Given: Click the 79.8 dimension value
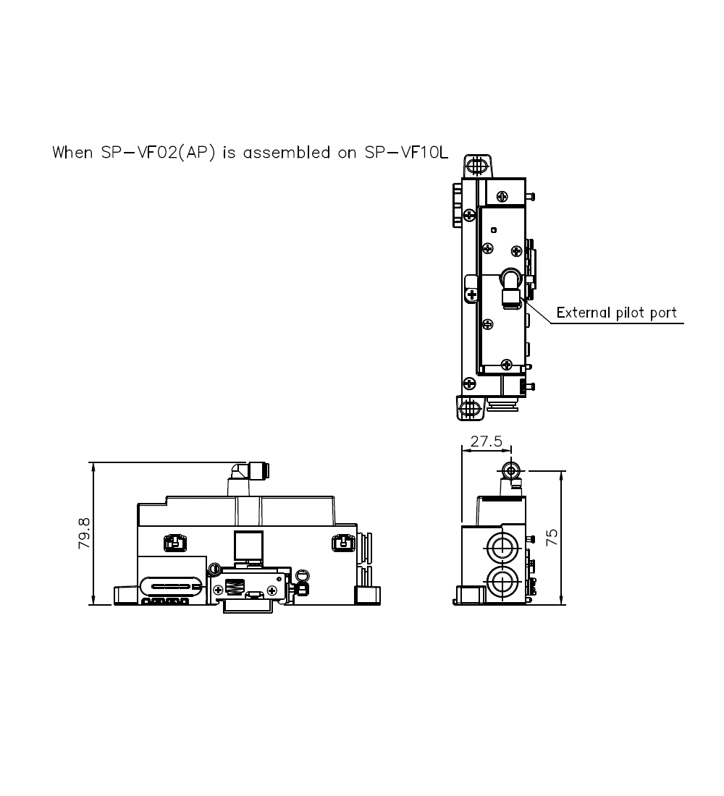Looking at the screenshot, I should point(84,533).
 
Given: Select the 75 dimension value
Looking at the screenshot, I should point(552,536).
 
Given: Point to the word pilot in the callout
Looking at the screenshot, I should point(631,313).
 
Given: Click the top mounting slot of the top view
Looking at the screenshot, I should point(475,166).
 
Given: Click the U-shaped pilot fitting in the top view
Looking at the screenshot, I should point(510,282).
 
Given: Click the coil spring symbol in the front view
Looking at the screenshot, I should point(235,586).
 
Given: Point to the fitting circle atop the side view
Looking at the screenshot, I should point(512,470).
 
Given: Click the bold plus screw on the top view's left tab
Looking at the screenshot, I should point(471,295).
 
